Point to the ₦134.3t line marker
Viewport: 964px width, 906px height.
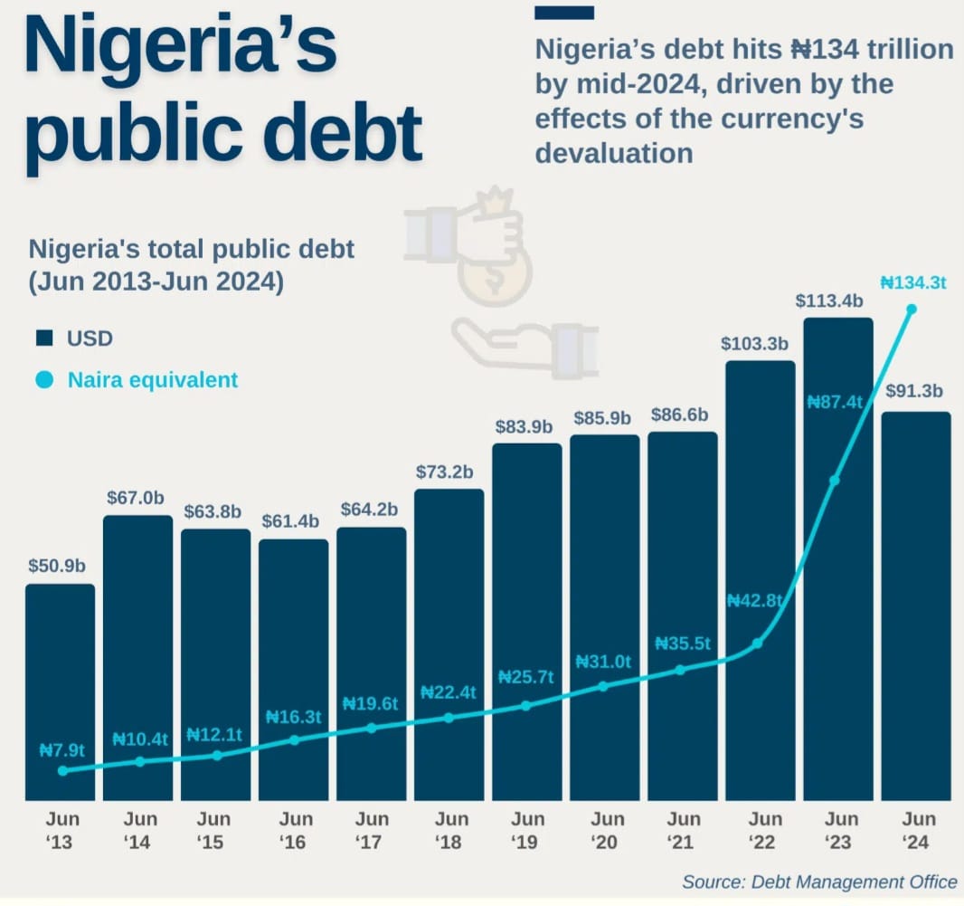(x=912, y=310)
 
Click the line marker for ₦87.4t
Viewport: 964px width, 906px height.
(x=835, y=480)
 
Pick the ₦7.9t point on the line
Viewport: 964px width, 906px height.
(x=62, y=770)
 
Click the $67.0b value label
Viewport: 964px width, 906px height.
(x=136, y=498)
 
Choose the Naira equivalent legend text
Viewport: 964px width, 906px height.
(x=153, y=379)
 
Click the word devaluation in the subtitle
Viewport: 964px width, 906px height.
(x=614, y=152)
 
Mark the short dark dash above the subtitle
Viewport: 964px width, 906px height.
(x=564, y=13)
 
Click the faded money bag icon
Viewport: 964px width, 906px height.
(x=494, y=276)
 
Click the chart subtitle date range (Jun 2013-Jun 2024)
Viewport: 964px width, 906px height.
(x=156, y=281)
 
